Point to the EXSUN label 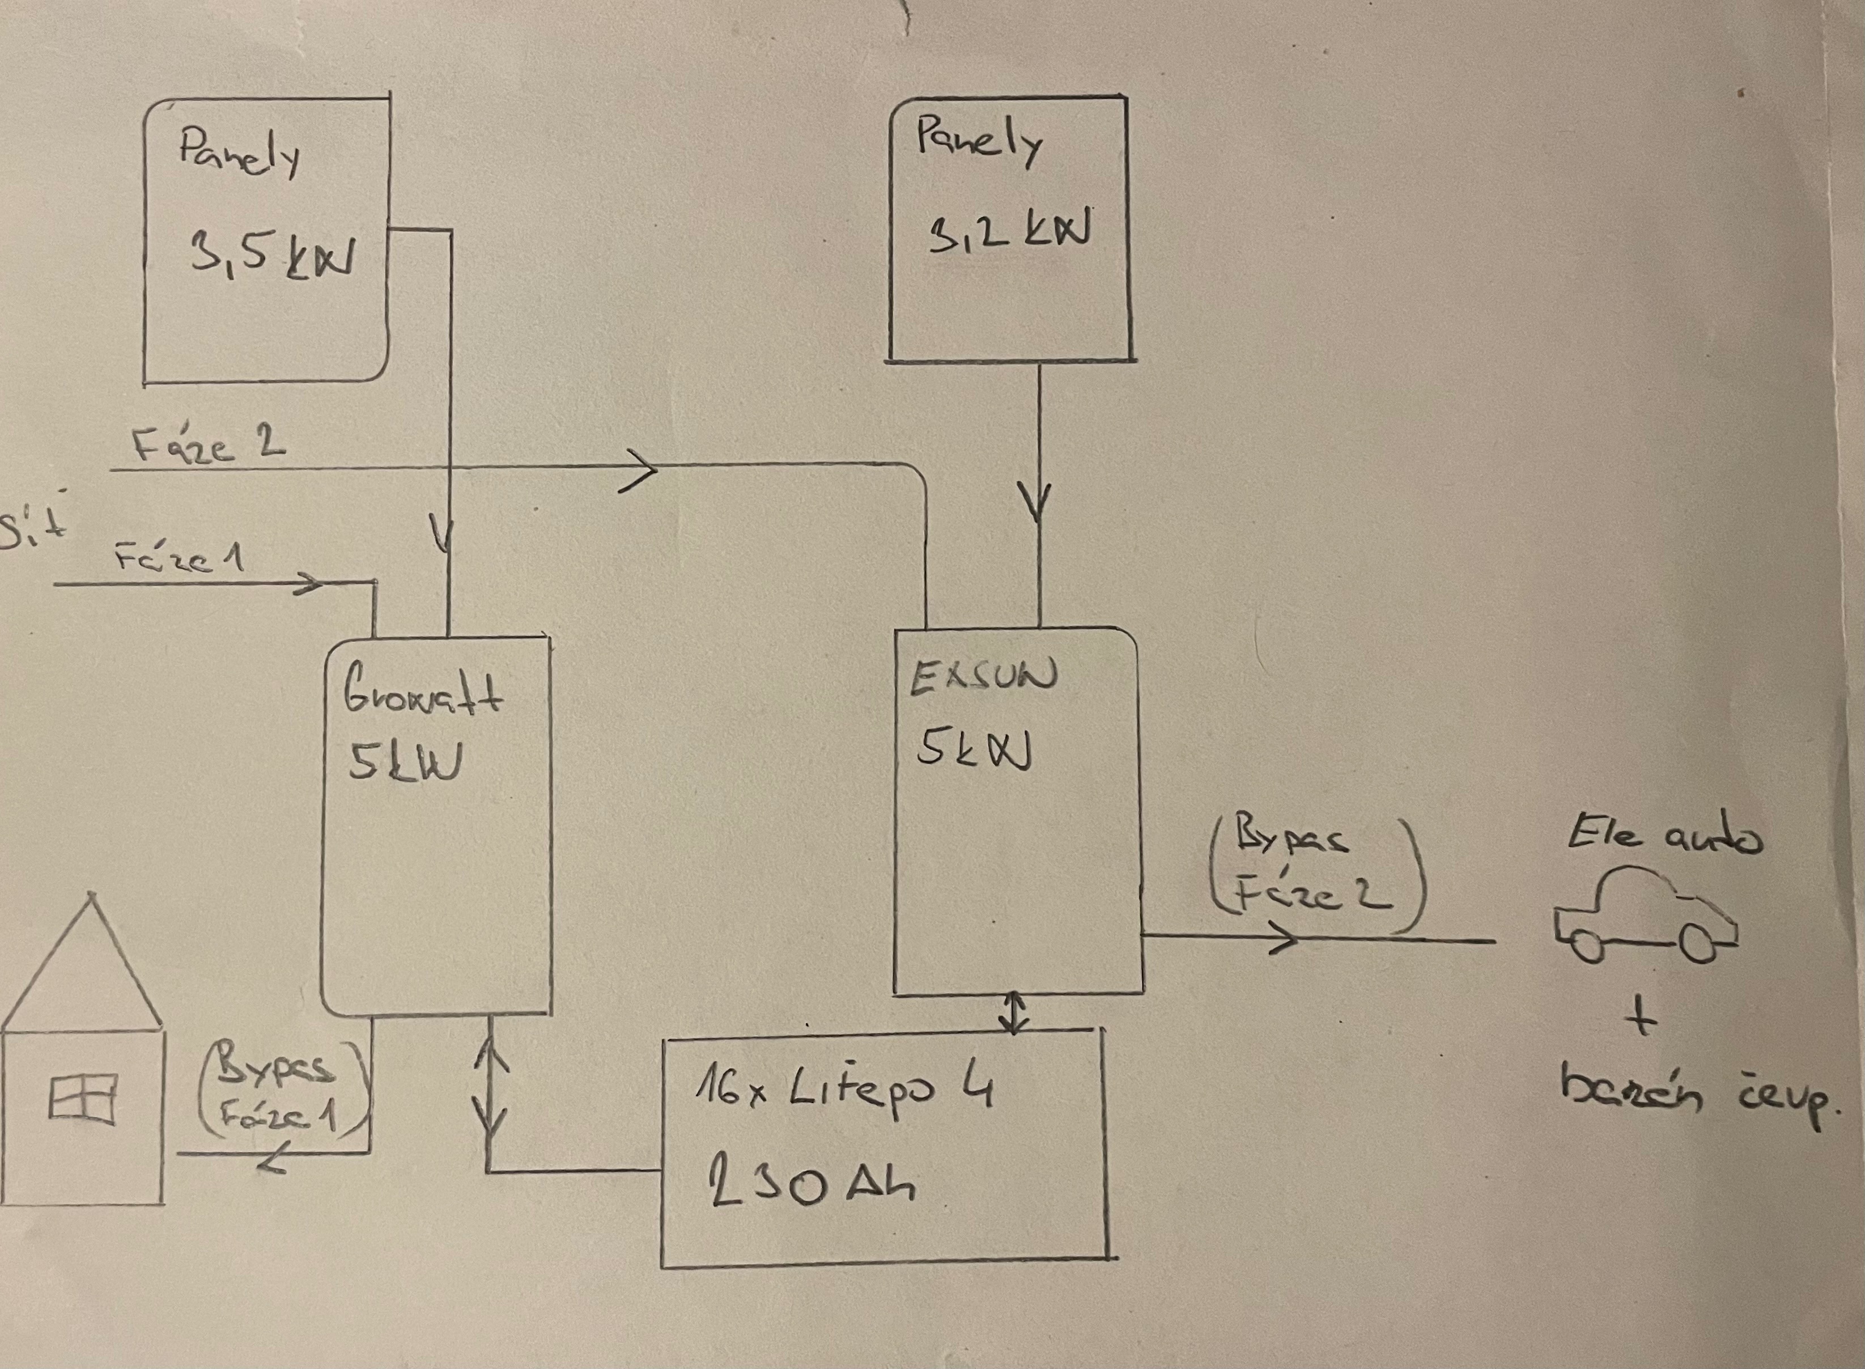click(x=983, y=675)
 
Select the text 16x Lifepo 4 click(x=843, y=1088)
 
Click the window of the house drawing click(x=81, y=1100)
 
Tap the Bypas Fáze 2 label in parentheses click(x=1313, y=867)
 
